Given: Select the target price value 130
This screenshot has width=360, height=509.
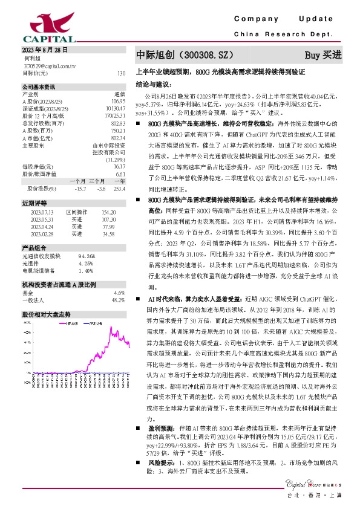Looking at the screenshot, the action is (121, 73).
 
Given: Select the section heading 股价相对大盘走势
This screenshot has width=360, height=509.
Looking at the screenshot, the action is (47, 314).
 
